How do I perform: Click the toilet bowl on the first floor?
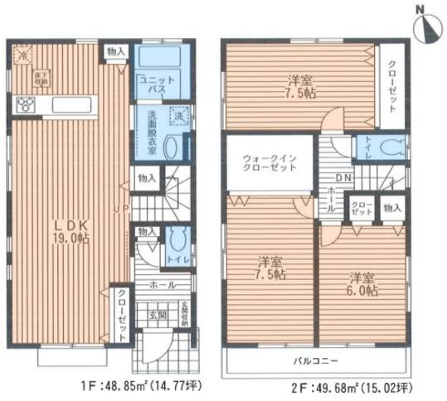click(x=174, y=243)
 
